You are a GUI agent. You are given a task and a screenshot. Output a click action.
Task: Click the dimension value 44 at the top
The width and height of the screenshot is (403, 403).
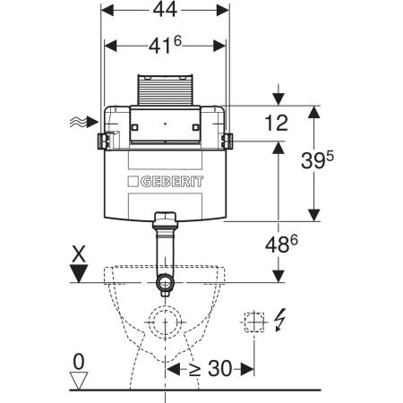coord(165,10)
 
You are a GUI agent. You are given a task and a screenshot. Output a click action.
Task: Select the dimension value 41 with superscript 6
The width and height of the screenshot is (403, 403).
coord(165,45)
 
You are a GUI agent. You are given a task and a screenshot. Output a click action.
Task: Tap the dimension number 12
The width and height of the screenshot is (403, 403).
coord(277,123)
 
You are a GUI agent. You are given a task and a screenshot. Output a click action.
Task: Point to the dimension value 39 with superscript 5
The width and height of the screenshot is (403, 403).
coord(317,160)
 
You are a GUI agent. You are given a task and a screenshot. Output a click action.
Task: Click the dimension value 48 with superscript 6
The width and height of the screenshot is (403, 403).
coord(281,244)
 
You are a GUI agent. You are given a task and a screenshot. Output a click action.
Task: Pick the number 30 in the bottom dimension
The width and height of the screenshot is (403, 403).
coord(219,368)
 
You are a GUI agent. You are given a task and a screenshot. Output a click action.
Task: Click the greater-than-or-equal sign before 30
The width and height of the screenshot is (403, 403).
coord(194,370)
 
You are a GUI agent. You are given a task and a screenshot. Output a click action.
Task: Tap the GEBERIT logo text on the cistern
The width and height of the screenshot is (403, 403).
coord(166,182)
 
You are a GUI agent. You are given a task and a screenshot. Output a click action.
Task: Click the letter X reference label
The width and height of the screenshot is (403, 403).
coord(78,254)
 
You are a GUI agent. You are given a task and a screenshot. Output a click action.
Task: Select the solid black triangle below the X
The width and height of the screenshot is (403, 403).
coord(79,273)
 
